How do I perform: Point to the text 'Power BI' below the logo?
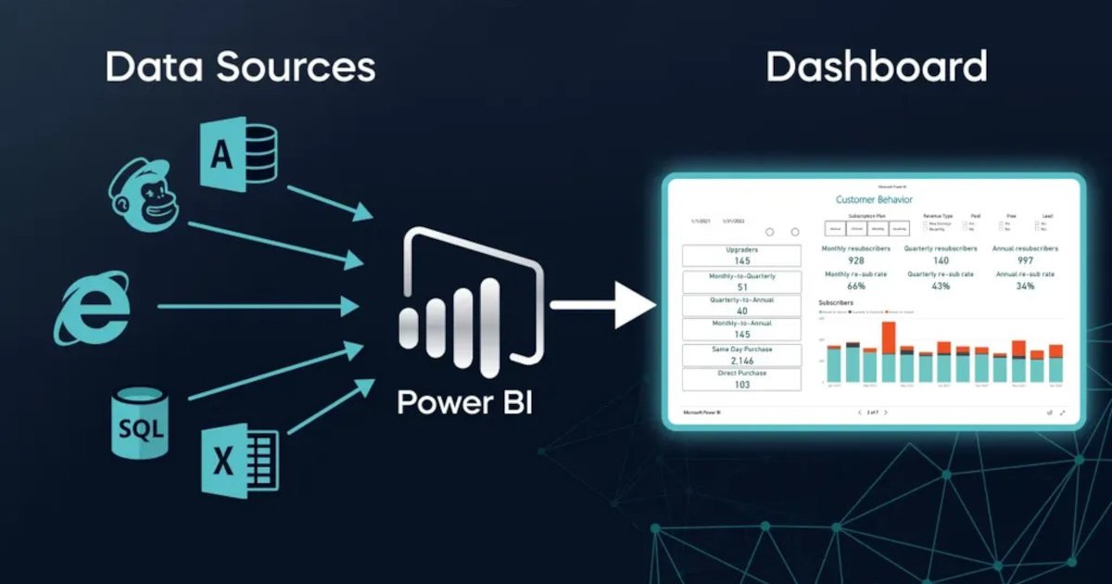(x=464, y=403)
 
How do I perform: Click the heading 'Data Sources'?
(x=240, y=68)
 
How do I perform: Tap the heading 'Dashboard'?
(x=876, y=68)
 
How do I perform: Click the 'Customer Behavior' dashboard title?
(x=874, y=199)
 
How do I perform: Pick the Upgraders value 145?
(x=741, y=261)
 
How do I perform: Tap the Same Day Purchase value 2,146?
(x=741, y=361)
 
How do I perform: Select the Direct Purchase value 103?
(x=741, y=385)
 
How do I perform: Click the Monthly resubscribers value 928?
(x=855, y=261)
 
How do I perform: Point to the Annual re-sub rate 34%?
(x=1025, y=286)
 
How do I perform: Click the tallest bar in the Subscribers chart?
(x=889, y=351)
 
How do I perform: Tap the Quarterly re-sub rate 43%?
(x=940, y=286)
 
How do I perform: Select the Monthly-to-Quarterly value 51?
(x=741, y=286)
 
